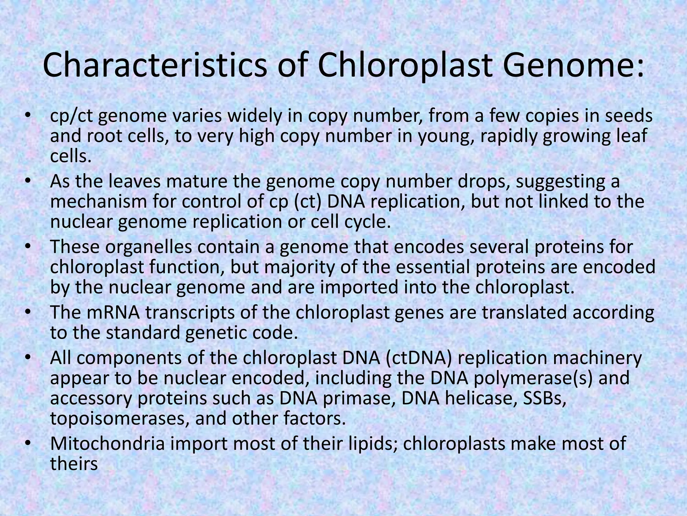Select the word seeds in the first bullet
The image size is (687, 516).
point(629,116)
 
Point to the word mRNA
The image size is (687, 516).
point(116,312)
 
